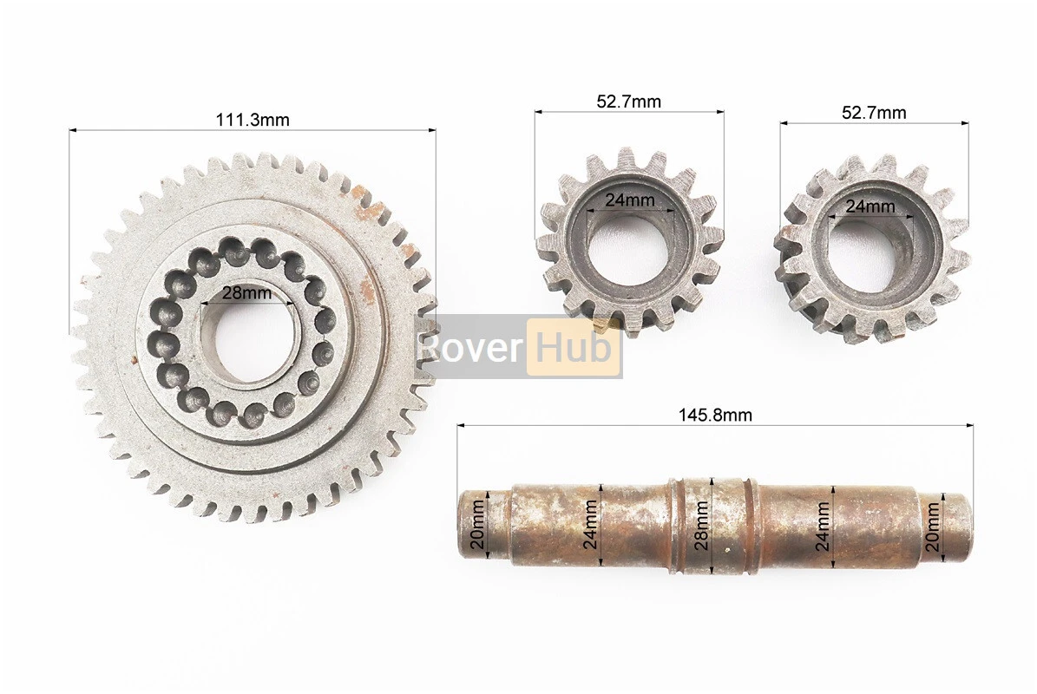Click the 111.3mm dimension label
(252, 120)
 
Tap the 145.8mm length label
(715, 415)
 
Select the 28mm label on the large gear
(246, 293)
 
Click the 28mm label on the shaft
(702, 526)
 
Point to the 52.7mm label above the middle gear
(628, 101)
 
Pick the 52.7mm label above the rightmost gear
(874, 113)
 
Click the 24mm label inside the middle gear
(630, 200)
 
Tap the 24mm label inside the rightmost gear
(870, 206)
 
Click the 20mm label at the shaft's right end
(932, 526)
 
